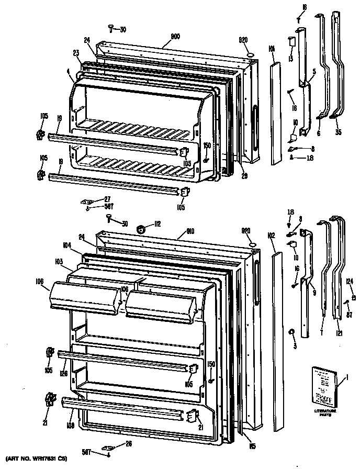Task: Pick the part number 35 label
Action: (x=338, y=132)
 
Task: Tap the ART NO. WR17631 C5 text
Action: (x=35, y=459)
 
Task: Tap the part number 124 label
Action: (x=350, y=281)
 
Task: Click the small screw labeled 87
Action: (x=346, y=301)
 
